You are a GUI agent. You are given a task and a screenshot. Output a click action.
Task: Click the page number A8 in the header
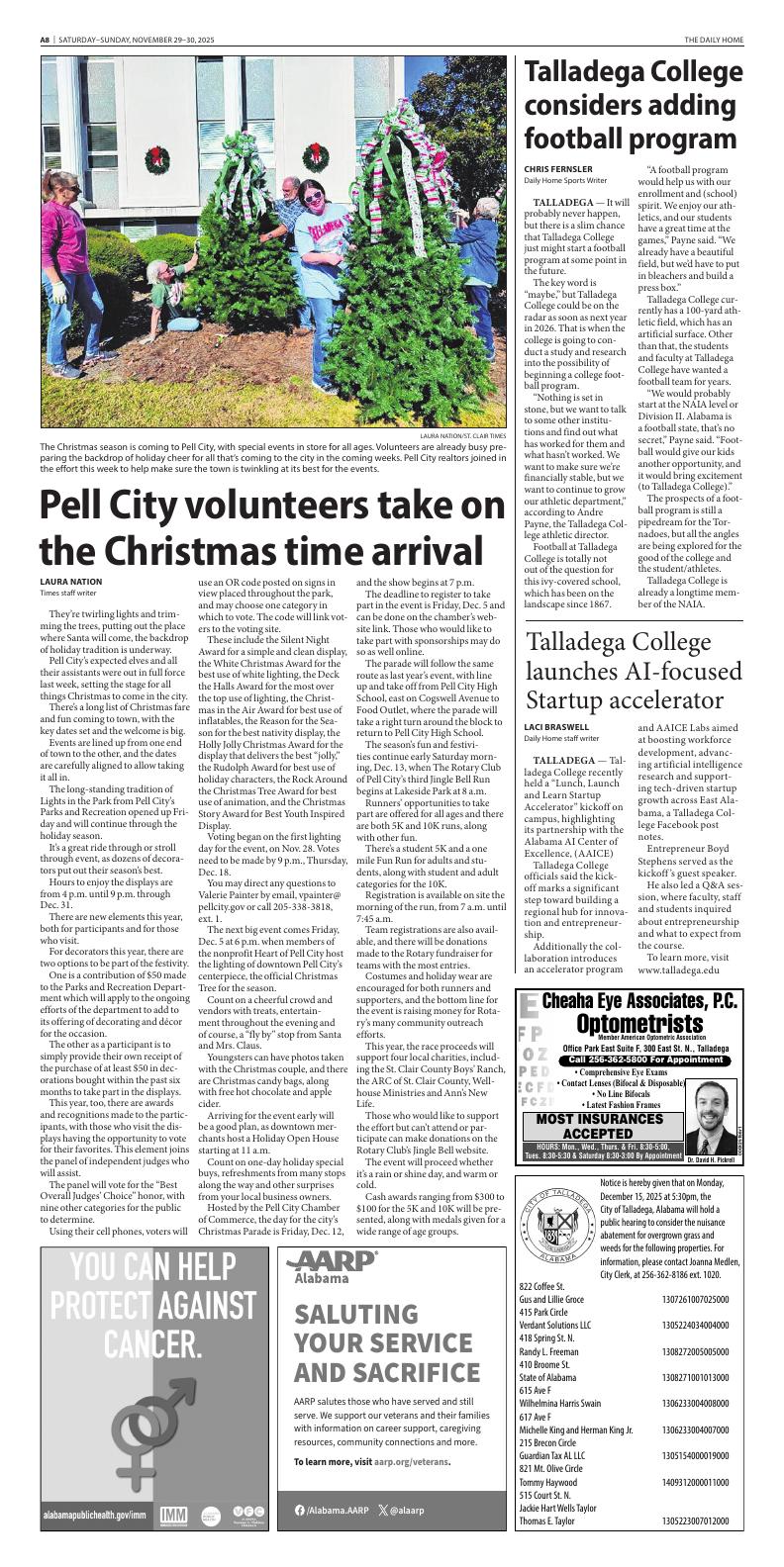pos(45,39)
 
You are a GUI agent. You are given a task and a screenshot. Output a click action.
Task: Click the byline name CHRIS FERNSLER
pos(558,169)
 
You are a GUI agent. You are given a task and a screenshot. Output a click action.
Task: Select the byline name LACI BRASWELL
pos(557,727)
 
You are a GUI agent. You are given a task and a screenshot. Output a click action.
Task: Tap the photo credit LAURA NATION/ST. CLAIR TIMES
pos(462,435)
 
